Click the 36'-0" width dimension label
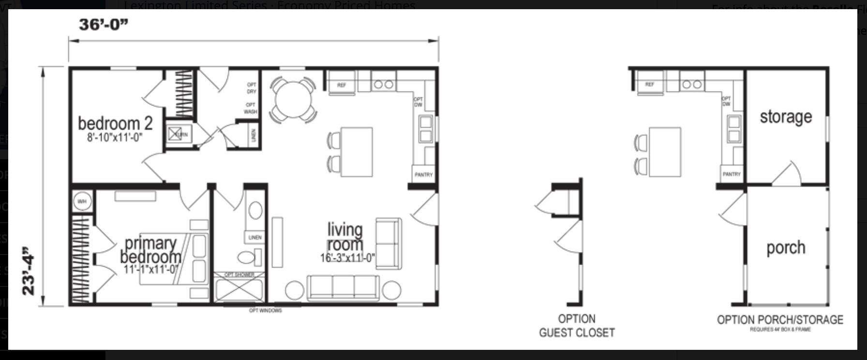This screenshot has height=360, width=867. (104, 24)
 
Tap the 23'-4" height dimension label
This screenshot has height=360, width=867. (29, 271)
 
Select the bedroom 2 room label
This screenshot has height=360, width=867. (115, 123)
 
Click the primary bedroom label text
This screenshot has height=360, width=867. (151, 250)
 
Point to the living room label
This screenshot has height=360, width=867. (345, 237)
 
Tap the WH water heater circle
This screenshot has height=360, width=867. (82, 201)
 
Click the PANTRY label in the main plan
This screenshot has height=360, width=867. (423, 175)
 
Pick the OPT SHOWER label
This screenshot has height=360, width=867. (239, 275)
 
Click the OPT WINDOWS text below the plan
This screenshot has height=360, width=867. (265, 311)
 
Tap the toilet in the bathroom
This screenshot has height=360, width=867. (250, 256)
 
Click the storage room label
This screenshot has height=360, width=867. (786, 117)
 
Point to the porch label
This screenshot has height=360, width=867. (786, 248)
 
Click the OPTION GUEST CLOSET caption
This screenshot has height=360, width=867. (577, 326)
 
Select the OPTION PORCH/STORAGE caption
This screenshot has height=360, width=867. (780, 320)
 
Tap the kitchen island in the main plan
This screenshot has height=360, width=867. (357, 152)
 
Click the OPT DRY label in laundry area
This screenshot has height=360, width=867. (252, 88)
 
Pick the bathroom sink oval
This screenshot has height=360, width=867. (255, 210)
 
